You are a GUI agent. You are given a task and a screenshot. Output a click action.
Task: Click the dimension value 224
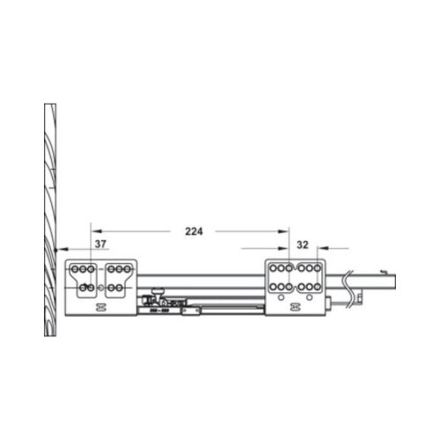pyautogui.click(x=194, y=231)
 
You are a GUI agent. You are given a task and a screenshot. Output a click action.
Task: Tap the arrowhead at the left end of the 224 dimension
pyautogui.click(x=94, y=231)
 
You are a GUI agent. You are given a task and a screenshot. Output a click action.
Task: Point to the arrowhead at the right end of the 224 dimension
pyautogui.click(x=287, y=231)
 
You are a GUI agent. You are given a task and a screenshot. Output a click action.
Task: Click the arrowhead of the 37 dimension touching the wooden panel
pyautogui.click(x=57, y=251)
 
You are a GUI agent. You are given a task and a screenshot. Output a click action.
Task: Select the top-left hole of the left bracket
pyautogui.click(x=77, y=267)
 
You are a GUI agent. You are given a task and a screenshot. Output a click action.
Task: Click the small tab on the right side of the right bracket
pyautogui.click(x=327, y=304)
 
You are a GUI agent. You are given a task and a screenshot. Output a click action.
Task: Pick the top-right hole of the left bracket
pyautogui.click(x=127, y=267)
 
